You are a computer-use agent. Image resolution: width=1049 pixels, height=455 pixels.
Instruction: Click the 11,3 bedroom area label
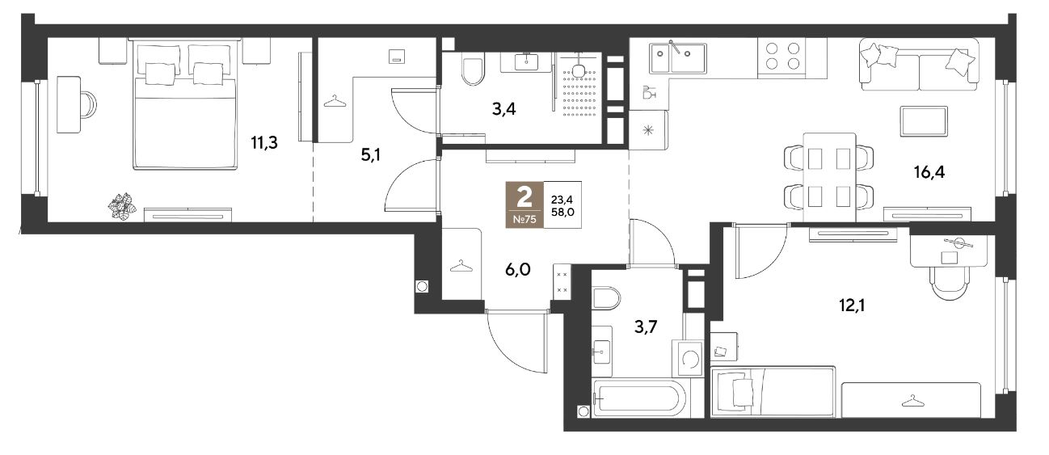click(x=264, y=143)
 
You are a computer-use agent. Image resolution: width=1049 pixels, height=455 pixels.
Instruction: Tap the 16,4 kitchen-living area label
click(x=929, y=172)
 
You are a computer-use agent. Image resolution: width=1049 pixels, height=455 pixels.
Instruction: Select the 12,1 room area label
click(x=852, y=305)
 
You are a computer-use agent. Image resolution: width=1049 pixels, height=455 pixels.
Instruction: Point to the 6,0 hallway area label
click(x=517, y=270)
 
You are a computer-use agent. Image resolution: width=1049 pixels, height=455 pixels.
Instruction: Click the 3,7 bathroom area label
click(x=646, y=327)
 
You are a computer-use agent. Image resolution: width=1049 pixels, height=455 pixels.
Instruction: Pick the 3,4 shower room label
click(x=504, y=109)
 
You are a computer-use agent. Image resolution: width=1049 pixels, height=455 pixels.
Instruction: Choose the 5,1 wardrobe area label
click(x=370, y=155)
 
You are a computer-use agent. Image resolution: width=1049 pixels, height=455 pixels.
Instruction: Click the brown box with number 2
click(x=524, y=204)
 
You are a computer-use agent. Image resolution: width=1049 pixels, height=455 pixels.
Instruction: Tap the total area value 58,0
click(x=563, y=212)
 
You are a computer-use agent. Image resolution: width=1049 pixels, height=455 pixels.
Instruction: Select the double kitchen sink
click(x=677, y=57)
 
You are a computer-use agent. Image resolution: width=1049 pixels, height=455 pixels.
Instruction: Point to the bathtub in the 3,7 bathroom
click(x=640, y=398)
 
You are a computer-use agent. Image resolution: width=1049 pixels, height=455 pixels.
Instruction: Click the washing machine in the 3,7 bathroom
click(x=688, y=358)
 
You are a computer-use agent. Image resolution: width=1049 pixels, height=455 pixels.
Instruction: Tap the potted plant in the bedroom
click(x=122, y=206)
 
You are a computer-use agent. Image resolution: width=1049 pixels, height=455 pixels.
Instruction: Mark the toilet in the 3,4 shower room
click(x=473, y=70)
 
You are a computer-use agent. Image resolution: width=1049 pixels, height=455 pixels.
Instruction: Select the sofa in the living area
click(x=919, y=65)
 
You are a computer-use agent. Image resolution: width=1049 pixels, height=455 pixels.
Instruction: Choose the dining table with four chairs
click(x=829, y=177)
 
